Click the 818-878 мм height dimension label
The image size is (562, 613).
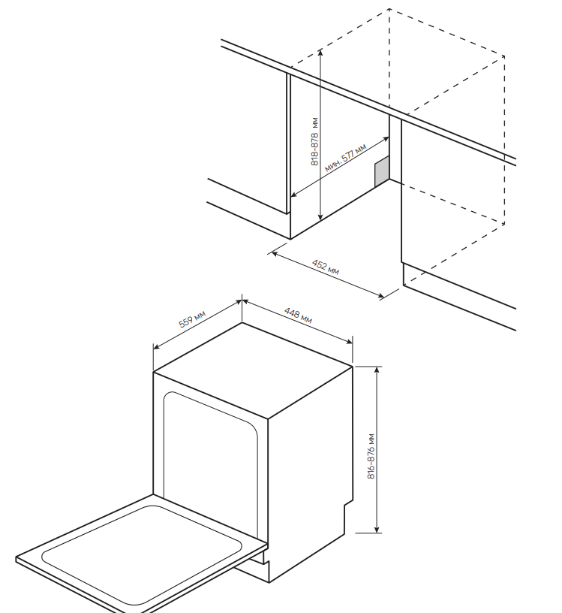point(315,142)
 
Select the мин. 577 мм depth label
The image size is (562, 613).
point(345,159)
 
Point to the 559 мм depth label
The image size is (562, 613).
point(192,319)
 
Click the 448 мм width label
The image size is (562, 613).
point(297,316)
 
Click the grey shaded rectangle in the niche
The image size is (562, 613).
point(382,171)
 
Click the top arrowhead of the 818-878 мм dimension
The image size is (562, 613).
point(320,52)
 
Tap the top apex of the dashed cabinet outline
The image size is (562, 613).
point(389,9)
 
